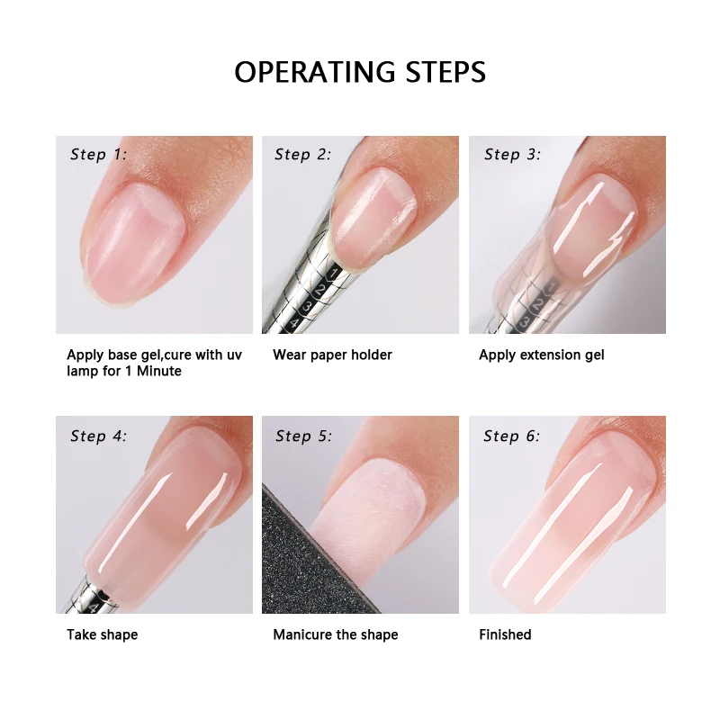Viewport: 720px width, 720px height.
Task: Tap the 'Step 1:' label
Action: click(x=98, y=155)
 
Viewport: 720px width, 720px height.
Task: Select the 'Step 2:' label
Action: click(x=303, y=155)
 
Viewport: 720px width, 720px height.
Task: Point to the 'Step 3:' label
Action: click(x=512, y=155)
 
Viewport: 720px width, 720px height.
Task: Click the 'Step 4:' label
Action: click(x=98, y=436)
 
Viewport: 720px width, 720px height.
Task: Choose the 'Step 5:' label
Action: click(x=303, y=436)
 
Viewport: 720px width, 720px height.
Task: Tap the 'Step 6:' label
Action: click(x=512, y=436)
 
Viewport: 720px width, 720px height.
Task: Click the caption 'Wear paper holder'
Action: click(x=332, y=355)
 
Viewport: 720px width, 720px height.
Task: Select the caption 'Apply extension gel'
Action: click(x=541, y=355)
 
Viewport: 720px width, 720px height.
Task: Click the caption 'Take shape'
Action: click(x=102, y=634)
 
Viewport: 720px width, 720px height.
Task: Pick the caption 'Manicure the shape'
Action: click(x=335, y=634)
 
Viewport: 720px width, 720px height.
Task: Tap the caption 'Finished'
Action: click(x=505, y=634)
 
